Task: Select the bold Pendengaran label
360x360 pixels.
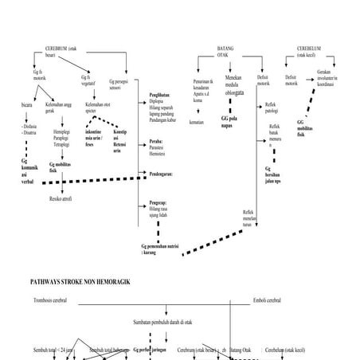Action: (x=165, y=173)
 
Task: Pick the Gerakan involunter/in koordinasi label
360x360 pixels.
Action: (x=327, y=84)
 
